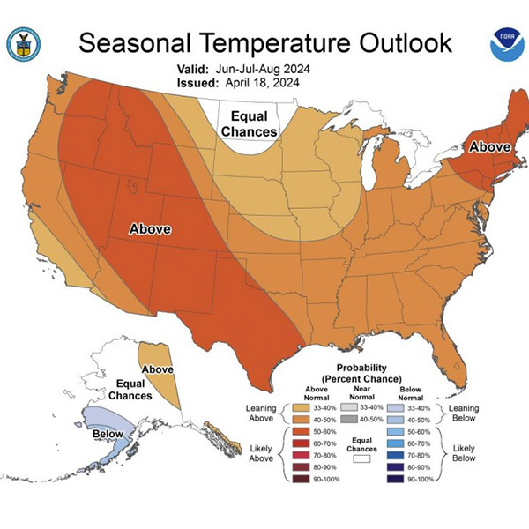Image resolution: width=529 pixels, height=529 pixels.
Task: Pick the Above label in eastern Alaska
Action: (x=158, y=369)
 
